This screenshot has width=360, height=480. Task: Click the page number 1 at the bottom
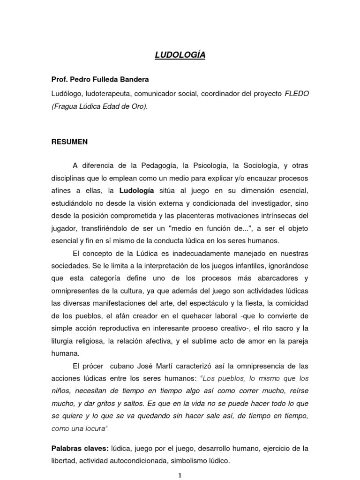[180, 475]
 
